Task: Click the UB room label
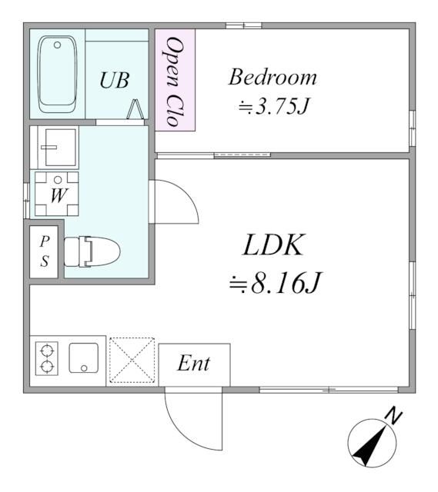(114, 79)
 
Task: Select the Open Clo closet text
(174, 80)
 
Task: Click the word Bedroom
(273, 78)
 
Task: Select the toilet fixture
(91, 250)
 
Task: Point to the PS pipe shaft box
(45, 250)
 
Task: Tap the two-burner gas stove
(47, 358)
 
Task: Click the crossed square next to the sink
(132, 360)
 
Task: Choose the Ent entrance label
(193, 364)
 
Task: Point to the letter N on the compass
(395, 417)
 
